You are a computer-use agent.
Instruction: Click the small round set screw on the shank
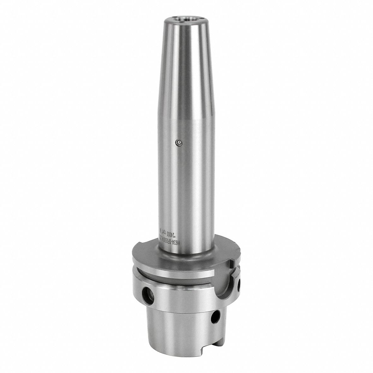coord(179,143)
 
